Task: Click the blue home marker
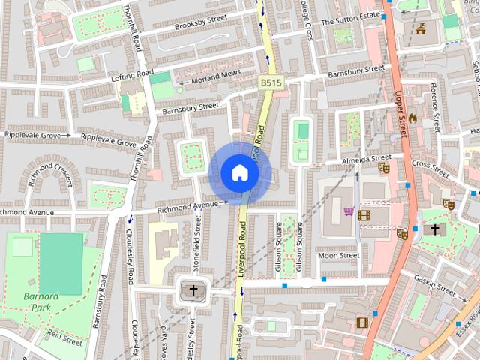click(239, 173)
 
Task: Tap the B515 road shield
click(271, 82)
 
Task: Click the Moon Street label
click(339, 256)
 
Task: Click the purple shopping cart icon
click(349, 211)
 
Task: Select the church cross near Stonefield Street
click(193, 290)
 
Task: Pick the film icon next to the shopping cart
click(364, 215)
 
